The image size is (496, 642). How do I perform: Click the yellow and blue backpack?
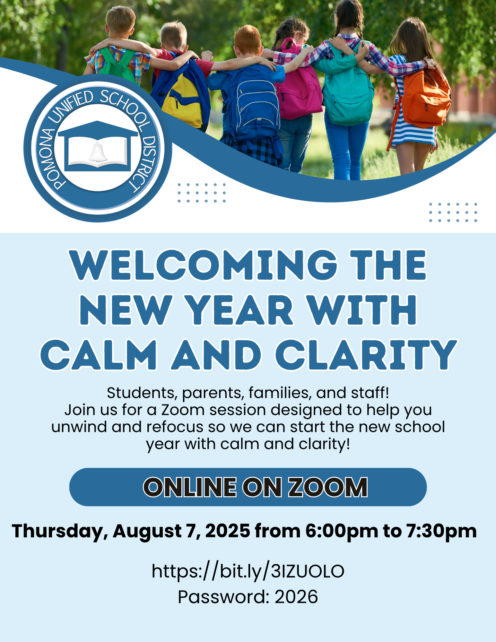click(181, 96)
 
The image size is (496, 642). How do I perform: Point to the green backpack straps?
click(117, 66)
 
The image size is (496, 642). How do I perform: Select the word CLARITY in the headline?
click(366, 355)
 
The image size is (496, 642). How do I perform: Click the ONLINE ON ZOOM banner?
click(248, 487)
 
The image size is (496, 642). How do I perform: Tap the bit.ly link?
click(248, 571)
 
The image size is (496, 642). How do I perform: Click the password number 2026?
click(296, 597)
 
